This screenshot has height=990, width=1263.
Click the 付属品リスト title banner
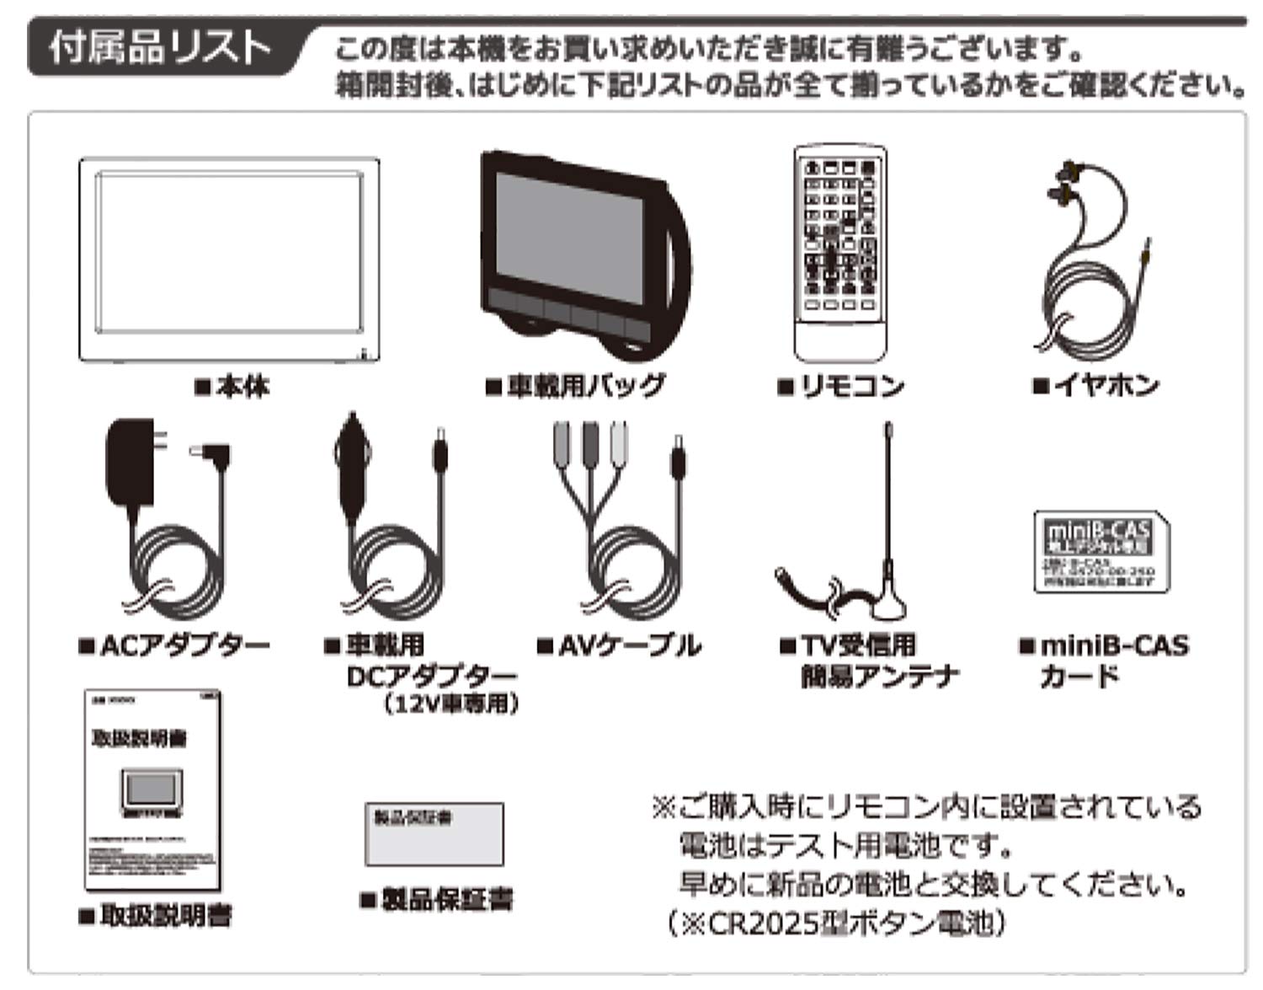[x=160, y=48]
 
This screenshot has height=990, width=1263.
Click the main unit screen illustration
[x=229, y=260]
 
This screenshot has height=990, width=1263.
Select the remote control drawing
[x=840, y=253]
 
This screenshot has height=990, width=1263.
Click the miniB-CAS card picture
[x=1100, y=553]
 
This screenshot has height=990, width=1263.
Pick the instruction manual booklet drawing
[x=152, y=790]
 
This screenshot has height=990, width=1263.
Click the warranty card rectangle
[x=434, y=834]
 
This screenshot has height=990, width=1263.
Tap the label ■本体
[x=232, y=387]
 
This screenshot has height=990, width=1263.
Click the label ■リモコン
[x=839, y=387]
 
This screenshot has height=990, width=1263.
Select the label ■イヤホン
[x=1095, y=386]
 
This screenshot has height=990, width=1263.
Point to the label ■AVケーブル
[x=619, y=646]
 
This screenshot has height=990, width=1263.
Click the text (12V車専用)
[x=449, y=704]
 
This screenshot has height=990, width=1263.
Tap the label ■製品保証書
[x=436, y=899]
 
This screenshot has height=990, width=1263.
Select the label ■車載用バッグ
[x=575, y=387]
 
